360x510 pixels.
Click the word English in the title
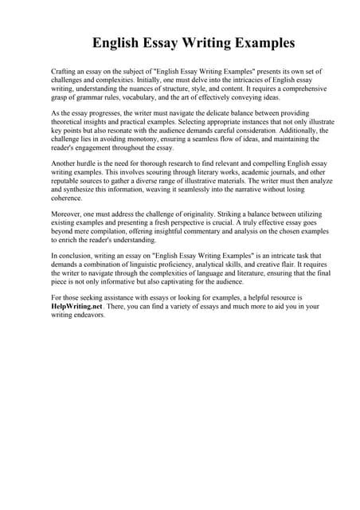119,41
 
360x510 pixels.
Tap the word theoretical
69,123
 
